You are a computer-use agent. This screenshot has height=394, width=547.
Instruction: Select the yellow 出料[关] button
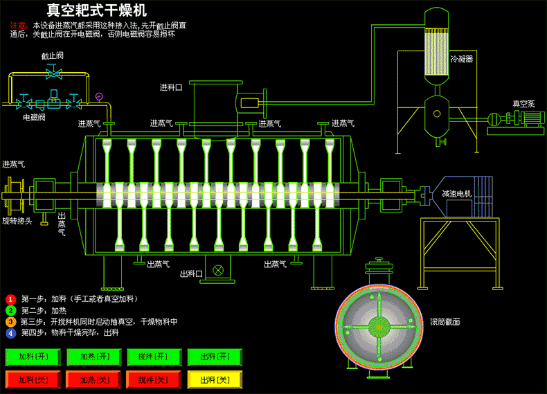(x=214, y=380)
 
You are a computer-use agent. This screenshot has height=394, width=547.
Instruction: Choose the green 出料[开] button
(x=214, y=357)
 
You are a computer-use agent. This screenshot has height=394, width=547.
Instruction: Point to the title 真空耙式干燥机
(x=96, y=10)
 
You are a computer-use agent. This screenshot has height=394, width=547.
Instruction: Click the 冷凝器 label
(x=461, y=60)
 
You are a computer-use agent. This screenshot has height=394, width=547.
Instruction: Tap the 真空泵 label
(x=523, y=103)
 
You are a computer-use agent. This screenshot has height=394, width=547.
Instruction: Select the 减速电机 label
(x=456, y=194)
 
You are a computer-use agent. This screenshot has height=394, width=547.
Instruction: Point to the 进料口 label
(x=171, y=88)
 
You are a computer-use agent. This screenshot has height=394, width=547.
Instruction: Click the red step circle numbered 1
(x=10, y=299)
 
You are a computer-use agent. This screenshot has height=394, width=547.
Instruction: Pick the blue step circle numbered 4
(x=10, y=332)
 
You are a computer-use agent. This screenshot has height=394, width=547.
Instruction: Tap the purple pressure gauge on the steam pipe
(x=99, y=96)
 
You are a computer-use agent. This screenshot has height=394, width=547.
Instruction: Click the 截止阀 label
(x=52, y=55)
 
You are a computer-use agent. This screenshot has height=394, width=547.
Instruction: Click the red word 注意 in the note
(x=17, y=26)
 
